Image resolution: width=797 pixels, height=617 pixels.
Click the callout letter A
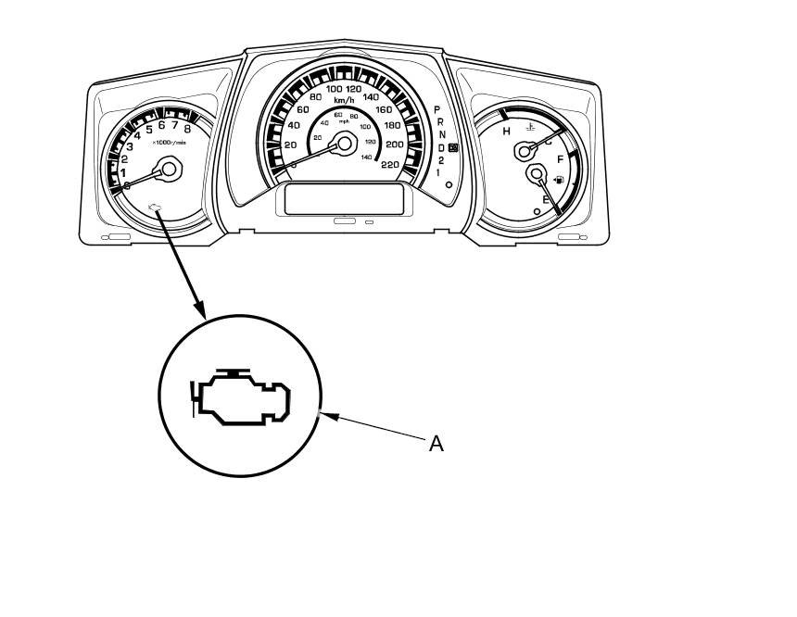coord(436,444)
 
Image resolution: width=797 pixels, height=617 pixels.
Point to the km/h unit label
coord(345,100)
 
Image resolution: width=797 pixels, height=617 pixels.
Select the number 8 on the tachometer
coord(187,129)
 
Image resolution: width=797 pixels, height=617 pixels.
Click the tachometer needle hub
coord(169,168)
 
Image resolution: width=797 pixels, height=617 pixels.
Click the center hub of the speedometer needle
coord(345,142)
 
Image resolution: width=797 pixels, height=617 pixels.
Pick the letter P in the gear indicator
coord(436,109)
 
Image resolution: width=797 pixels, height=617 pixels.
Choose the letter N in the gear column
coord(440,135)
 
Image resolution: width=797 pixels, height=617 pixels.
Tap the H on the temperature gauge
coord(506,132)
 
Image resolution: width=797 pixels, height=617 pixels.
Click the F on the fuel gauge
coord(560,160)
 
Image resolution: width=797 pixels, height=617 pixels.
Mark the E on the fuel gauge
coord(546,200)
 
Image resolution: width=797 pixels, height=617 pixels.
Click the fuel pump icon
coord(558,179)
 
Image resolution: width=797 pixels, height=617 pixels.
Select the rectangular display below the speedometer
coord(343,198)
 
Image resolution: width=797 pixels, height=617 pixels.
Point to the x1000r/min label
coord(169,142)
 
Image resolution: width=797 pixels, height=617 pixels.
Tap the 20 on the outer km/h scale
coord(290,145)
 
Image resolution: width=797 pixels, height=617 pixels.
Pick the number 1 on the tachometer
coord(122,171)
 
